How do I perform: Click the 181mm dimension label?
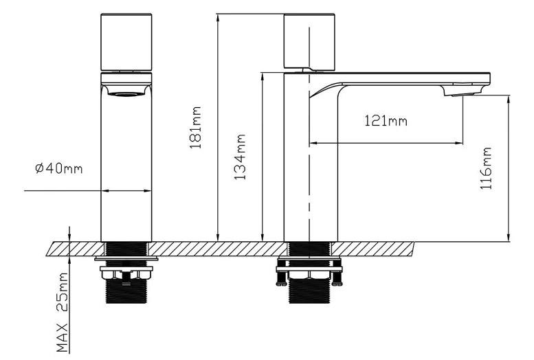tap(195, 128)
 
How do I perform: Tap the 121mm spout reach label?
tap(386, 121)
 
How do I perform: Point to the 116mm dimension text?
tap(486, 168)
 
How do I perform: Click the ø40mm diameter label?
tap(59, 168)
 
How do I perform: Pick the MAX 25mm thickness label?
tap(62, 312)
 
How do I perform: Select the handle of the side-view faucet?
tap(309, 41)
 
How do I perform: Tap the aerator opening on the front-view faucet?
tap(126, 93)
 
